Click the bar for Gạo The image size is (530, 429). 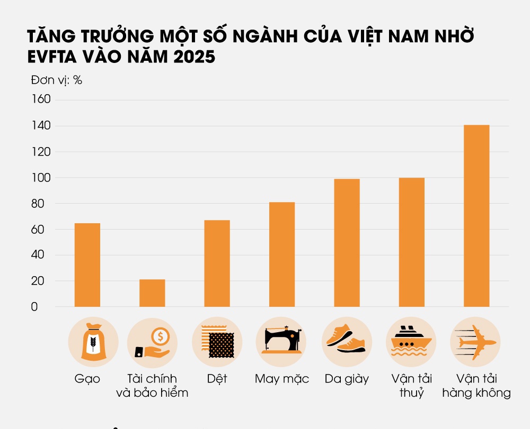[x=87, y=265]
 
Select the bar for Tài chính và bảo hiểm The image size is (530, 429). [x=152, y=293]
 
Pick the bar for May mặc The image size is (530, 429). [x=282, y=254]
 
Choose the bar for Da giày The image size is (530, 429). [x=347, y=243]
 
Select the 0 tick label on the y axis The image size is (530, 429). [x=34, y=307]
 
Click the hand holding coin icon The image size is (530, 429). [x=152, y=342]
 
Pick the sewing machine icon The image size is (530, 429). [x=282, y=342]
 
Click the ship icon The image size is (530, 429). [x=412, y=342]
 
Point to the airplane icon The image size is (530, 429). [x=476, y=342]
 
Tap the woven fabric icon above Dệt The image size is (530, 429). [x=217, y=342]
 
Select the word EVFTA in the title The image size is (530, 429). [x=55, y=57]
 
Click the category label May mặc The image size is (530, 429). [x=282, y=379]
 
